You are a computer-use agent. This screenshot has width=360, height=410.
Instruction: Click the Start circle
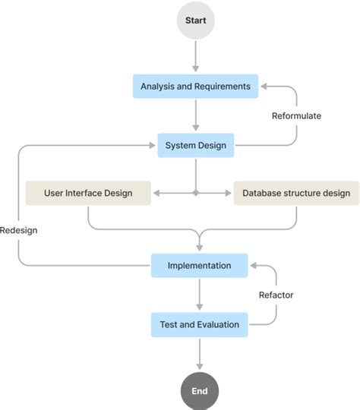[x=196, y=20]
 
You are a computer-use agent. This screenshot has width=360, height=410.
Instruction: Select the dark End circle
[x=199, y=391]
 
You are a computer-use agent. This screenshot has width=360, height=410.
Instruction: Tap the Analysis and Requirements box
[x=195, y=87]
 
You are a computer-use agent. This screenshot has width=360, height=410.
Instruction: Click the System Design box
[x=196, y=145]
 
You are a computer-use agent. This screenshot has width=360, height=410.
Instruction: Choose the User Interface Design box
[x=88, y=193]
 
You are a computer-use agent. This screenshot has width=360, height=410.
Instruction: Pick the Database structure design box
[x=295, y=193]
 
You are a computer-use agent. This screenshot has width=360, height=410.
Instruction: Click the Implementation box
[x=199, y=266]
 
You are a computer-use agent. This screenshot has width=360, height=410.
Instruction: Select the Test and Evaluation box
[x=199, y=324]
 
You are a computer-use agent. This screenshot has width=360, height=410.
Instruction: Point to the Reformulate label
[x=296, y=116]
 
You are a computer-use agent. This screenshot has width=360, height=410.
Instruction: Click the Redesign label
[x=19, y=230]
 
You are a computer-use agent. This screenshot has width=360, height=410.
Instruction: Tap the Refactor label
[x=276, y=295]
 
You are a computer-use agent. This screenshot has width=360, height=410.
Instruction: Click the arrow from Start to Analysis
[x=196, y=57]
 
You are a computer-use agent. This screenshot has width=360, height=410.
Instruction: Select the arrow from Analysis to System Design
[x=196, y=115]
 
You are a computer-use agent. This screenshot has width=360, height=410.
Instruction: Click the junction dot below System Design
[x=196, y=194]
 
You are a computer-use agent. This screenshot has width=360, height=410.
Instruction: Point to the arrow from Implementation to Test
[x=199, y=295]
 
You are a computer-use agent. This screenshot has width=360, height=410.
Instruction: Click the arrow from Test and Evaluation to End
[x=199, y=354]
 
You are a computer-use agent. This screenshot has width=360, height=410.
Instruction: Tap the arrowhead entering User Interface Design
[x=156, y=194]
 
